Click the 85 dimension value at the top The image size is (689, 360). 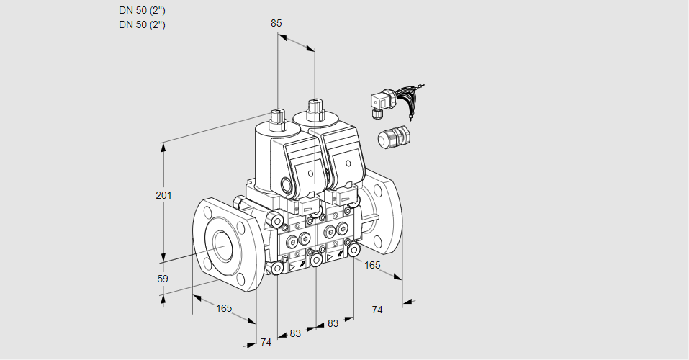click(x=276, y=23)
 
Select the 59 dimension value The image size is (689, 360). click(x=163, y=279)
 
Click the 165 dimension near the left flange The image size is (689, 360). click(x=225, y=308)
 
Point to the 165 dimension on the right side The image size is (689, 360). click(x=372, y=265)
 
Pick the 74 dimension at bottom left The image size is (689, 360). click(x=266, y=342)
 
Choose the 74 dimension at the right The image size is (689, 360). click(x=377, y=310)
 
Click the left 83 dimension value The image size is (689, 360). click(x=295, y=333)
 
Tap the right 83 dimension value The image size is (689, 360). click(x=333, y=323)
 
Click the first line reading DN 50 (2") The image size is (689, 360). click(x=142, y=11)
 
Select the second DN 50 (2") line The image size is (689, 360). click(x=142, y=24)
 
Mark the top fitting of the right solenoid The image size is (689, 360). click(x=314, y=110)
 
